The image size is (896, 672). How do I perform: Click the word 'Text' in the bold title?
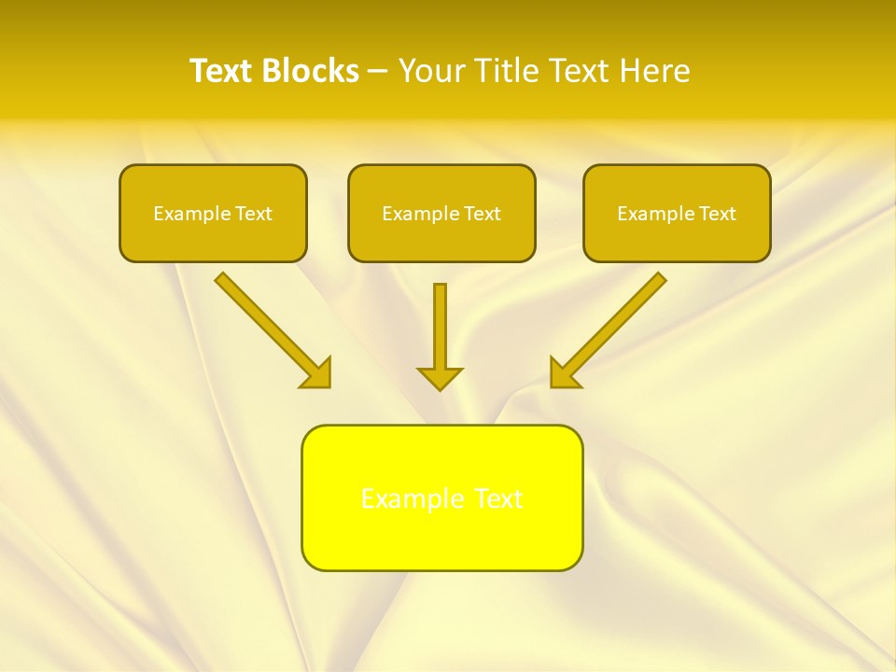click(x=222, y=71)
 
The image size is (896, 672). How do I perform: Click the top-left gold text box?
click(x=213, y=213)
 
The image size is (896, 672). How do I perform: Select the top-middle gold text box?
click(x=441, y=213)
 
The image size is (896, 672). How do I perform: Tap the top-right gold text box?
click(x=677, y=213)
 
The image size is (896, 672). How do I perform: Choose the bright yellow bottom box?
click(x=441, y=497)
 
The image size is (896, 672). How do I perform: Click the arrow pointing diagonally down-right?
click(x=271, y=328)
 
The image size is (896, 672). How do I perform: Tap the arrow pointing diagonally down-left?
click(x=611, y=328)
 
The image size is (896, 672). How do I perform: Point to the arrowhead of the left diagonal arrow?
click(x=317, y=373)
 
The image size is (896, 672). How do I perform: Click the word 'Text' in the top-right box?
click(x=718, y=214)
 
